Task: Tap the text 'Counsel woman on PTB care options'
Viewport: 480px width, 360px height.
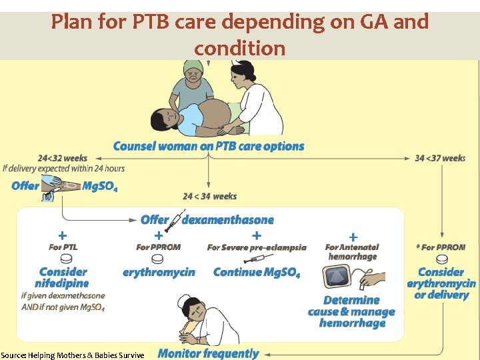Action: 208,146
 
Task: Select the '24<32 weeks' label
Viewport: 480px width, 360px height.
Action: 63,158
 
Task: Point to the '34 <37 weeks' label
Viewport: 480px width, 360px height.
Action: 440,158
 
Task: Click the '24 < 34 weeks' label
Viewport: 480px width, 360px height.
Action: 209,196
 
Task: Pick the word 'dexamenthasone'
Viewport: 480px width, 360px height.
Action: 227,219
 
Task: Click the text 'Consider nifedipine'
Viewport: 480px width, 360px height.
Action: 63,277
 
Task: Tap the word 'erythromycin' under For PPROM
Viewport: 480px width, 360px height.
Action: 159,272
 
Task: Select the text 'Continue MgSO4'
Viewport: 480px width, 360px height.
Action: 256,273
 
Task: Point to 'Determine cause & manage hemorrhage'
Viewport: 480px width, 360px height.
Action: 351,311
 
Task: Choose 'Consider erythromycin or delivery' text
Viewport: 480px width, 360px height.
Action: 441,283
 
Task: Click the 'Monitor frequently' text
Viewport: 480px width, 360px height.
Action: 208,353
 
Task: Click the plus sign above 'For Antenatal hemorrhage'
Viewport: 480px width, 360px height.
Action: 353,237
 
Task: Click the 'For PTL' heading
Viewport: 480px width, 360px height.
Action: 63,247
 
